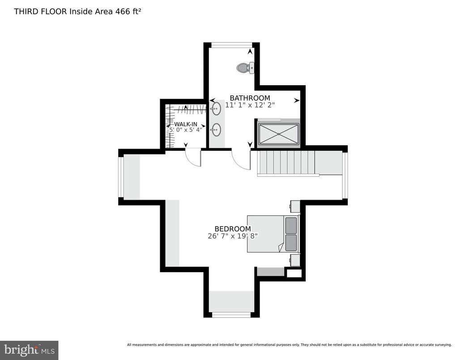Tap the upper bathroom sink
point(216,108)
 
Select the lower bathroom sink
point(216,130)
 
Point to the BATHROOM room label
point(250,98)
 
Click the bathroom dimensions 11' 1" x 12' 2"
point(250,105)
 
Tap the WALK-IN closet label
point(185,124)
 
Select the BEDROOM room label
point(232,229)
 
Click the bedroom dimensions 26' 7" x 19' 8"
point(232,236)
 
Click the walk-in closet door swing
point(193,157)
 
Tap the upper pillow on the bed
point(291,224)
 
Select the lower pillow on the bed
point(291,243)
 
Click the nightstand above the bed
point(295,206)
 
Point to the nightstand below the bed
point(295,260)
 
